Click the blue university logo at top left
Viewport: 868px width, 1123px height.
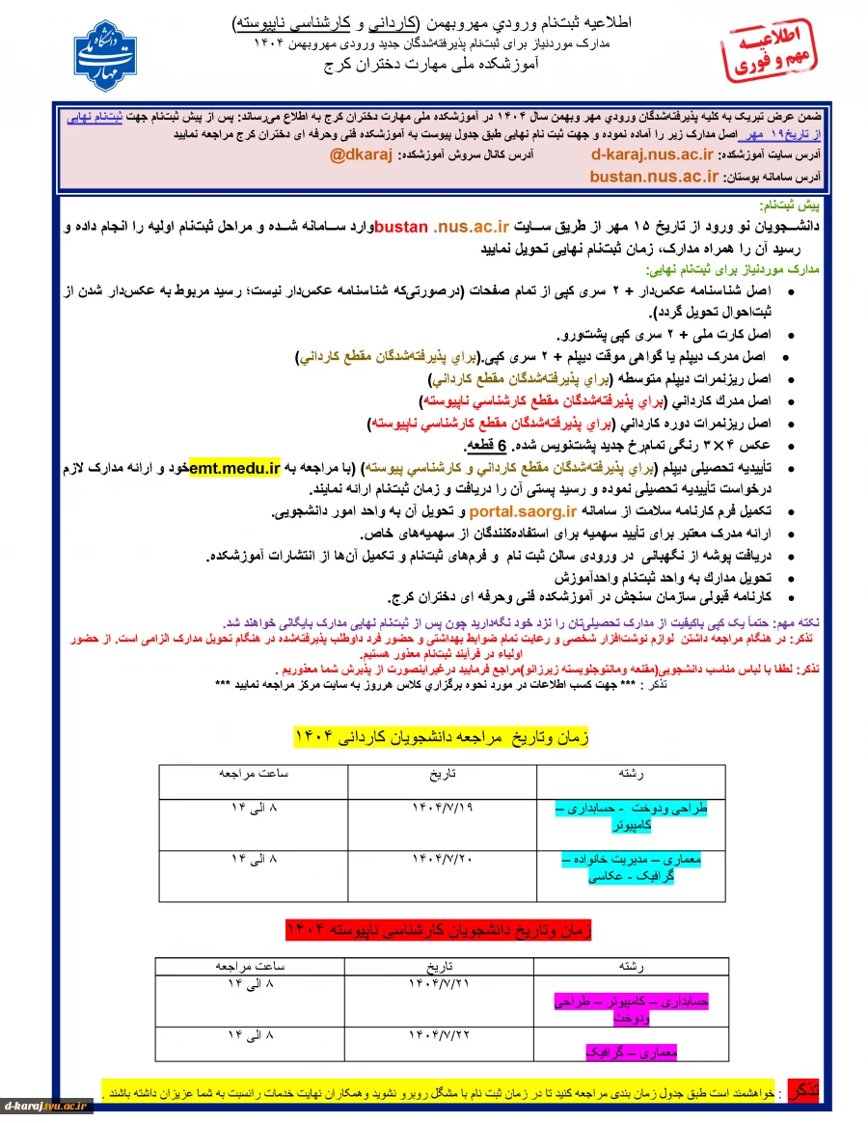coord(106,55)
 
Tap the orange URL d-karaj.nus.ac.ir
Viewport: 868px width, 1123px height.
coord(652,153)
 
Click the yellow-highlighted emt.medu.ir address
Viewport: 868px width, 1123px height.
coord(234,469)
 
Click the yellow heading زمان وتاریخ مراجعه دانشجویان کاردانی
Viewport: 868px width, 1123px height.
coord(441,737)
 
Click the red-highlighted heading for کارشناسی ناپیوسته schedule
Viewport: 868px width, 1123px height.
coord(439,930)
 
